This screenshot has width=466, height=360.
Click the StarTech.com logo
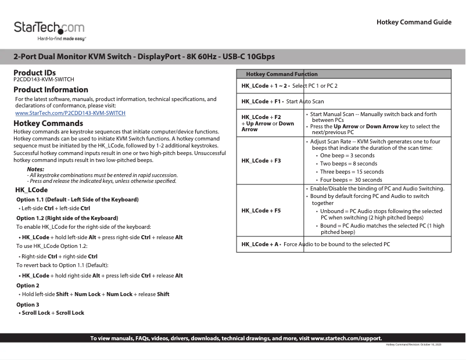click(x=49, y=30)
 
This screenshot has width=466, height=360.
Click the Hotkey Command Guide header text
click(x=414, y=22)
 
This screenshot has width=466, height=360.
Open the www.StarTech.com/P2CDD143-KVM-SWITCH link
click(x=70, y=113)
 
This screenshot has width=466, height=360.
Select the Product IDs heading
click(x=35, y=73)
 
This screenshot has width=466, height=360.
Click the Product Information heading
click(x=51, y=90)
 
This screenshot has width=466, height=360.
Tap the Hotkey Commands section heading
click(x=48, y=124)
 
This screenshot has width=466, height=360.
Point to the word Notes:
click(x=35, y=169)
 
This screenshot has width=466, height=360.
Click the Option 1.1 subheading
click(x=77, y=200)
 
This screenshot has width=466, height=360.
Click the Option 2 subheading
click(x=28, y=286)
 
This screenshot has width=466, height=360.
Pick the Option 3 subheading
click(x=28, y=304)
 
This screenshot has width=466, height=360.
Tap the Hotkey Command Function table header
click(x=282, y=74)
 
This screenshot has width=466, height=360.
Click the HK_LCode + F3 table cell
click(x=261, y=161)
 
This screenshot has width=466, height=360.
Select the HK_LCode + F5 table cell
click(x=261, y=210)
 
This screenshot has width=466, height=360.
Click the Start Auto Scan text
click(x=305, y=102)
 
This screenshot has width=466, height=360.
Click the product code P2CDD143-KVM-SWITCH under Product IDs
click(x=44, y=80)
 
